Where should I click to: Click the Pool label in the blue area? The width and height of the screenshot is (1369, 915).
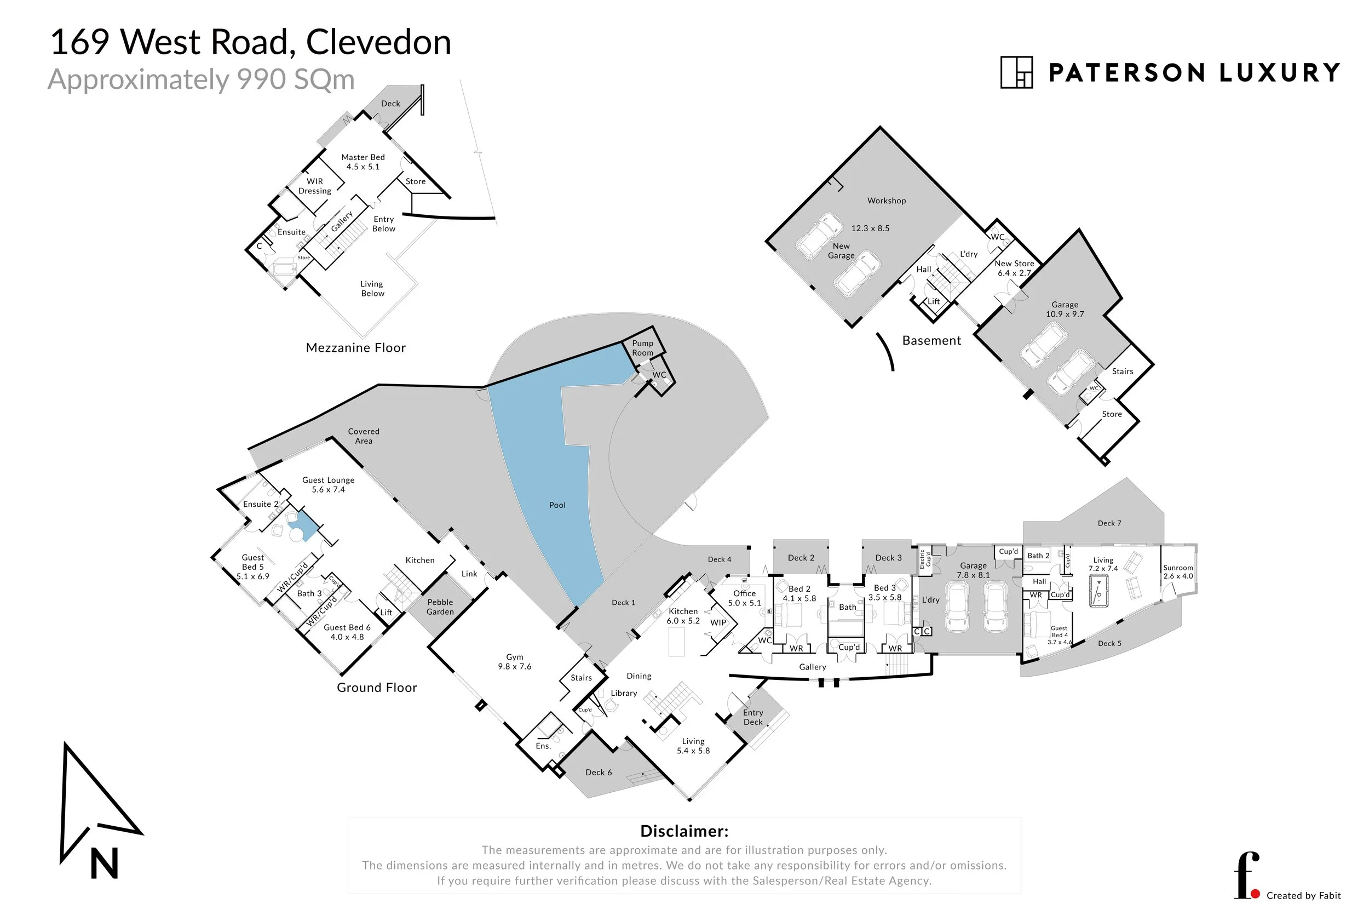tap(557, 505)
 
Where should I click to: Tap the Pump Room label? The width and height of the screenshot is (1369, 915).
tap(642, 348)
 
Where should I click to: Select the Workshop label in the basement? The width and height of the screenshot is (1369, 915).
tap(886, 201)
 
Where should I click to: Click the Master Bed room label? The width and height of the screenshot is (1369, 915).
tap(363, 162)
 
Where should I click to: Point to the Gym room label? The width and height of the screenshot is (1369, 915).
tap(514, 662)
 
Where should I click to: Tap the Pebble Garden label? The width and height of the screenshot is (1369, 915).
tap(440, 607)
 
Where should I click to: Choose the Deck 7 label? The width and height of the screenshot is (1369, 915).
tap(1109, 523)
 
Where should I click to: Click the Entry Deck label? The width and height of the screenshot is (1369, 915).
tap(753, 717)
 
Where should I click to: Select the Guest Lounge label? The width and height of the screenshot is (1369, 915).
tap(328, 484)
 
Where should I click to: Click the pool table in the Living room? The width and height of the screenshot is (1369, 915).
tap(1099, 591)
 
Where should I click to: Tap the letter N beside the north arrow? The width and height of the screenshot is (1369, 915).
tap(105, 863)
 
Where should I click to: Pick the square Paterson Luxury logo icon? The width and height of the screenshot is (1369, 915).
tap(1016, 72)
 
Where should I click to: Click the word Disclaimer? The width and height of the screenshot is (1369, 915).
tap(684, 831)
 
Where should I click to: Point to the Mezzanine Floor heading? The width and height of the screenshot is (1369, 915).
tap(355, 348)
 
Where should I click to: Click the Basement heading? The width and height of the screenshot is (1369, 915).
tap(931, 341)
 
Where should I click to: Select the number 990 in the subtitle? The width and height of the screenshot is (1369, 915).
tap(262, 79)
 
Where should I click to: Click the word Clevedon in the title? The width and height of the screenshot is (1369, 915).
tap(378, 43)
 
